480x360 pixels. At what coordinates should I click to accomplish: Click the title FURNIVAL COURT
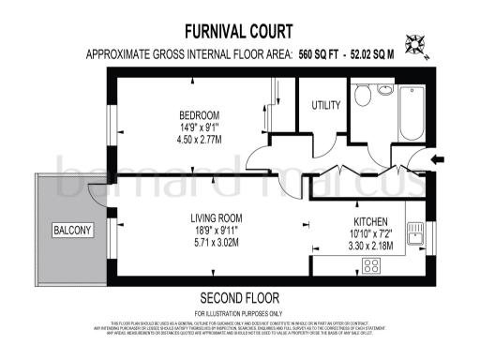click(x=239, y=31)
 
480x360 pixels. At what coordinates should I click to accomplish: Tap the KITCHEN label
click(x=366, y=217)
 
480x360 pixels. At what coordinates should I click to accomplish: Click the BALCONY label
click(x=72, y=230)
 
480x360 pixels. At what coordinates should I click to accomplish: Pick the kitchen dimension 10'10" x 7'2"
click(x=366, y=232)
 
